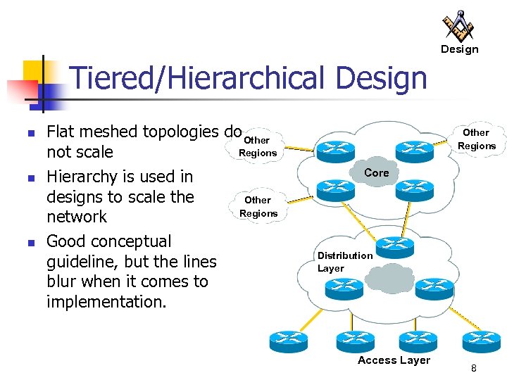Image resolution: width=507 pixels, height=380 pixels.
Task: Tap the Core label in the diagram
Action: click(x=377, y=172)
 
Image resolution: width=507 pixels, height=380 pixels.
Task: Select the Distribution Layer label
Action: click(x=344, y=262)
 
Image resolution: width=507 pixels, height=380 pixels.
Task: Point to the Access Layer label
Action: click(x=394, y=360)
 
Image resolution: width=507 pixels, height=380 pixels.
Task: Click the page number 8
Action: click(x=474, y=369)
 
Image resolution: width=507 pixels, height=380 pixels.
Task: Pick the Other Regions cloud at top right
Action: click(x=476, y=139)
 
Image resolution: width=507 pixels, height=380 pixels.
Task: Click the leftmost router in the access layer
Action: click(x=288, y=341)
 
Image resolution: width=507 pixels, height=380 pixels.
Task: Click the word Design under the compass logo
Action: click(x=459, y=49)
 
